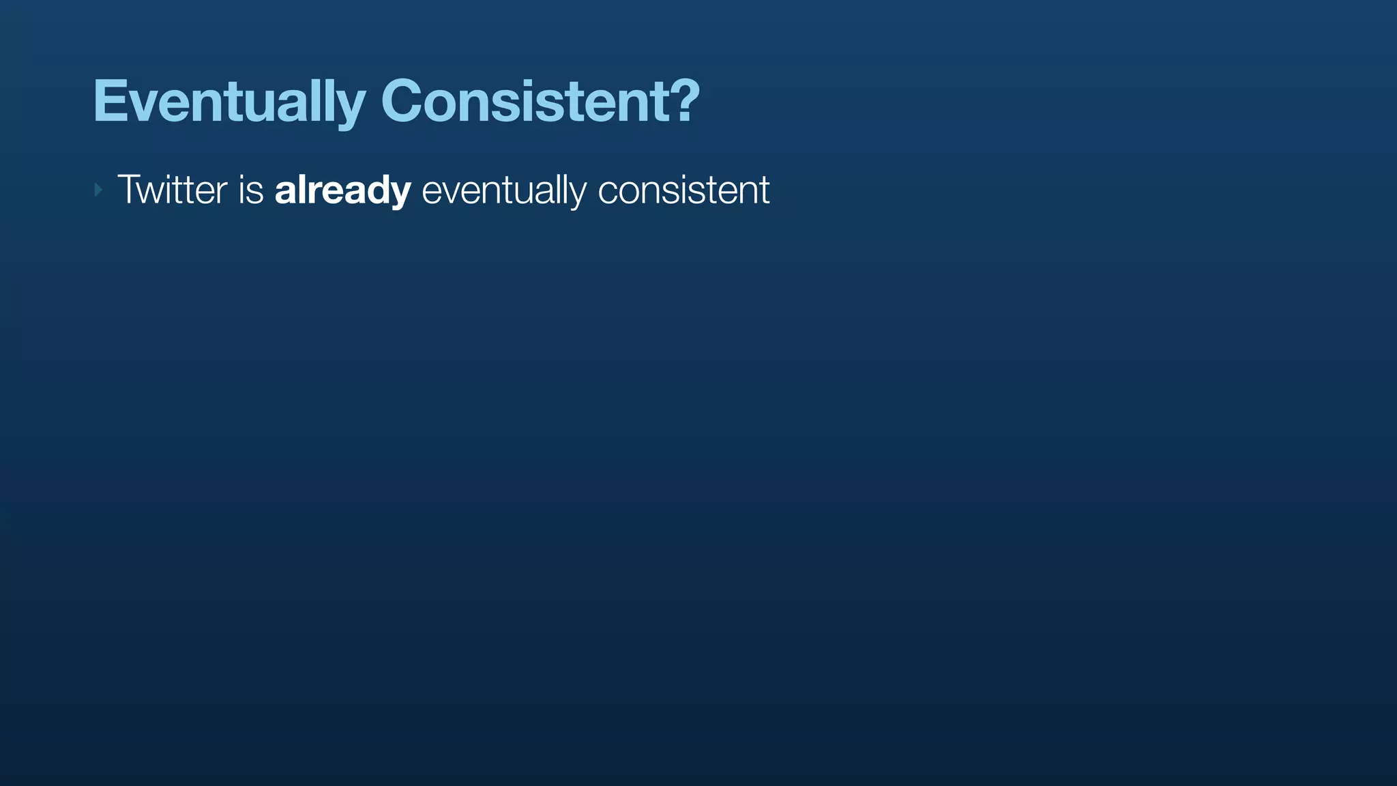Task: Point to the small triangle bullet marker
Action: (98, 190)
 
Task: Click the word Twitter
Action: (172, 190)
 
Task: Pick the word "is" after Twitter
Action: (251, 190)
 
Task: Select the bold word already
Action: (342, 190)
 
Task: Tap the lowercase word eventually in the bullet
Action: (503, 190)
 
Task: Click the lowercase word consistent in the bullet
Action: (683, 190)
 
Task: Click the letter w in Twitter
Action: (156, 191)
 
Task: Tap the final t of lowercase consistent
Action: (765, 190)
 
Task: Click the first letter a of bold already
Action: (286, 192)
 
